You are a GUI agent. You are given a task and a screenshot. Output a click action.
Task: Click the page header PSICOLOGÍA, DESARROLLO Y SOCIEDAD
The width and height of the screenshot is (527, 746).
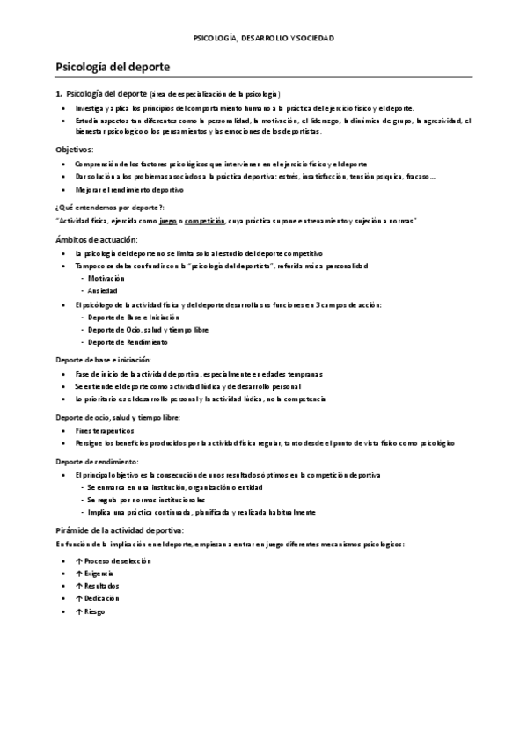(264, 39)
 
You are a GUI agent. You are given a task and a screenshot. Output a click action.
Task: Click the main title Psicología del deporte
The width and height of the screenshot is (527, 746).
(113, 66)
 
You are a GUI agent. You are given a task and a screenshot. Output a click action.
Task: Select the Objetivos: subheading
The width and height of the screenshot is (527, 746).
(73, 149)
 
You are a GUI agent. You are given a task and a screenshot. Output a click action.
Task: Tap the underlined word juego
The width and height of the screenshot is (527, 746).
(158, 221)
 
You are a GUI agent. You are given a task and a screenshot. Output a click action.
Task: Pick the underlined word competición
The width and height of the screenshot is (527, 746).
(201, 221)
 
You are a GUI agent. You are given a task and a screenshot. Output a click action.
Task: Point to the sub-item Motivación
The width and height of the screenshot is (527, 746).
(106, 278)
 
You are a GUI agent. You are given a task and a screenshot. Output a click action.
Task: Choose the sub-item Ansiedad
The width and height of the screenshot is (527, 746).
(102, 290)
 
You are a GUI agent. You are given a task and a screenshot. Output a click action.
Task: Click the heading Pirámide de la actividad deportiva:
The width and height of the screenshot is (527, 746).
(121, 530)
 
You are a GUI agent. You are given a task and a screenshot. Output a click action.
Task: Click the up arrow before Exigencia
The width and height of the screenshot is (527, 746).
(79, 573)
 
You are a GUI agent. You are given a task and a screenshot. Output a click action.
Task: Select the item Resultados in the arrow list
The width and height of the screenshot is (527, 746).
(102, 585)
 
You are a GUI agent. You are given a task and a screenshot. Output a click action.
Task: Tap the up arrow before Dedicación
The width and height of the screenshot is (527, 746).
(79, 597)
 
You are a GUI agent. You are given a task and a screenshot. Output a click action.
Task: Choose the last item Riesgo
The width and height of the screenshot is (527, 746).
(97, 611)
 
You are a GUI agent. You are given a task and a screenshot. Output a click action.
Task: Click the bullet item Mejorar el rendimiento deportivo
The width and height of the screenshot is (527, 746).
(129, 189)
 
